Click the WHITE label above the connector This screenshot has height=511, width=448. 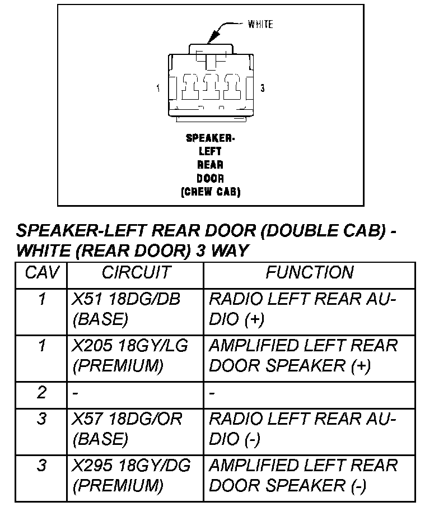[260, 24]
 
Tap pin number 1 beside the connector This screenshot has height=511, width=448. [158, 88]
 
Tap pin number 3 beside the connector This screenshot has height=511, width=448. [263, 88]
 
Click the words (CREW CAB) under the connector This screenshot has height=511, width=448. [210, 192]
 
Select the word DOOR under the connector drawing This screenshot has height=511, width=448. [210, 178]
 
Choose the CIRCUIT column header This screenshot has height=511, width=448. [136, 273]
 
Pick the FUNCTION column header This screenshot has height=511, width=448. [309, 273]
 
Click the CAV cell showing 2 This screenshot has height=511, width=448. [42, 393]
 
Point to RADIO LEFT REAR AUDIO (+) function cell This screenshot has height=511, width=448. [302, 309]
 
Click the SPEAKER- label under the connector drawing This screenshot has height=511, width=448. [210, 138]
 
